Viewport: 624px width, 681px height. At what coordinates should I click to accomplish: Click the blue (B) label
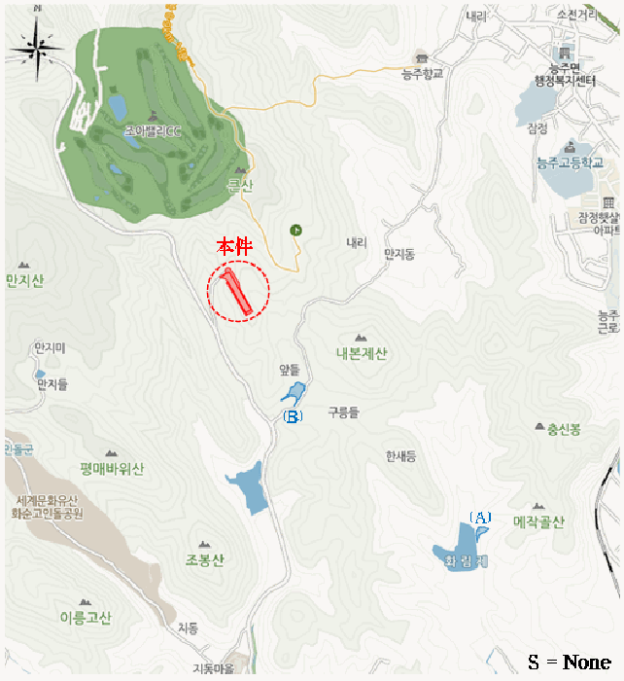click(x=292, y=416)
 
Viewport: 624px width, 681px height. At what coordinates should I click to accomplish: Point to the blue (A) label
click(x=480, y=518)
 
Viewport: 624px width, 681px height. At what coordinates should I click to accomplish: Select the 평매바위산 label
click(x=112, y=469)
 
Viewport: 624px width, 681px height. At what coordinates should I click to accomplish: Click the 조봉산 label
click(x=204, y=559)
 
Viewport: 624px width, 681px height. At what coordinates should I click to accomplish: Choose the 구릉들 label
click(x=343, y=412)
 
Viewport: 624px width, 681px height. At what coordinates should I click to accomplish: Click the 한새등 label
click(x=399, y=455)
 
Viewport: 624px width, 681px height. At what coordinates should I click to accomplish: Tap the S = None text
click(x=570, y=663)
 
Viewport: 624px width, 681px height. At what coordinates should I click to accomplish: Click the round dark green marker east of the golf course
click(x=295, y=230)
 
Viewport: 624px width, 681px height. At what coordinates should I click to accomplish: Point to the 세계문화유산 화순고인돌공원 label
click(x=47, y=506)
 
